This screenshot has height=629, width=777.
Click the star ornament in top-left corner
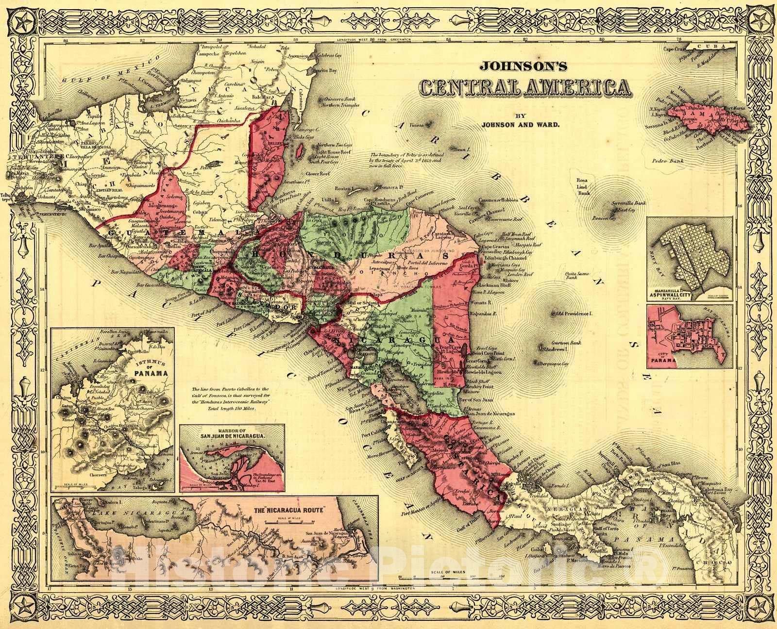[21, 21]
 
